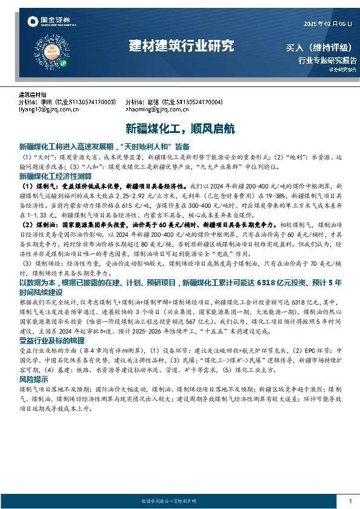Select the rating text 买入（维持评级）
click(321, 48)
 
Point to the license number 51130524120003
click(94, 102)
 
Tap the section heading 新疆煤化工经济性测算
click(55, 176)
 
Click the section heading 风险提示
click(35, 379)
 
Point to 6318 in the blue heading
click(268, 282)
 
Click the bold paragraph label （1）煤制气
click(37, 187)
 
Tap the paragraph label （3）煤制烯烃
click(40, 264)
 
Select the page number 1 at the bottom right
click(350, 501)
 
